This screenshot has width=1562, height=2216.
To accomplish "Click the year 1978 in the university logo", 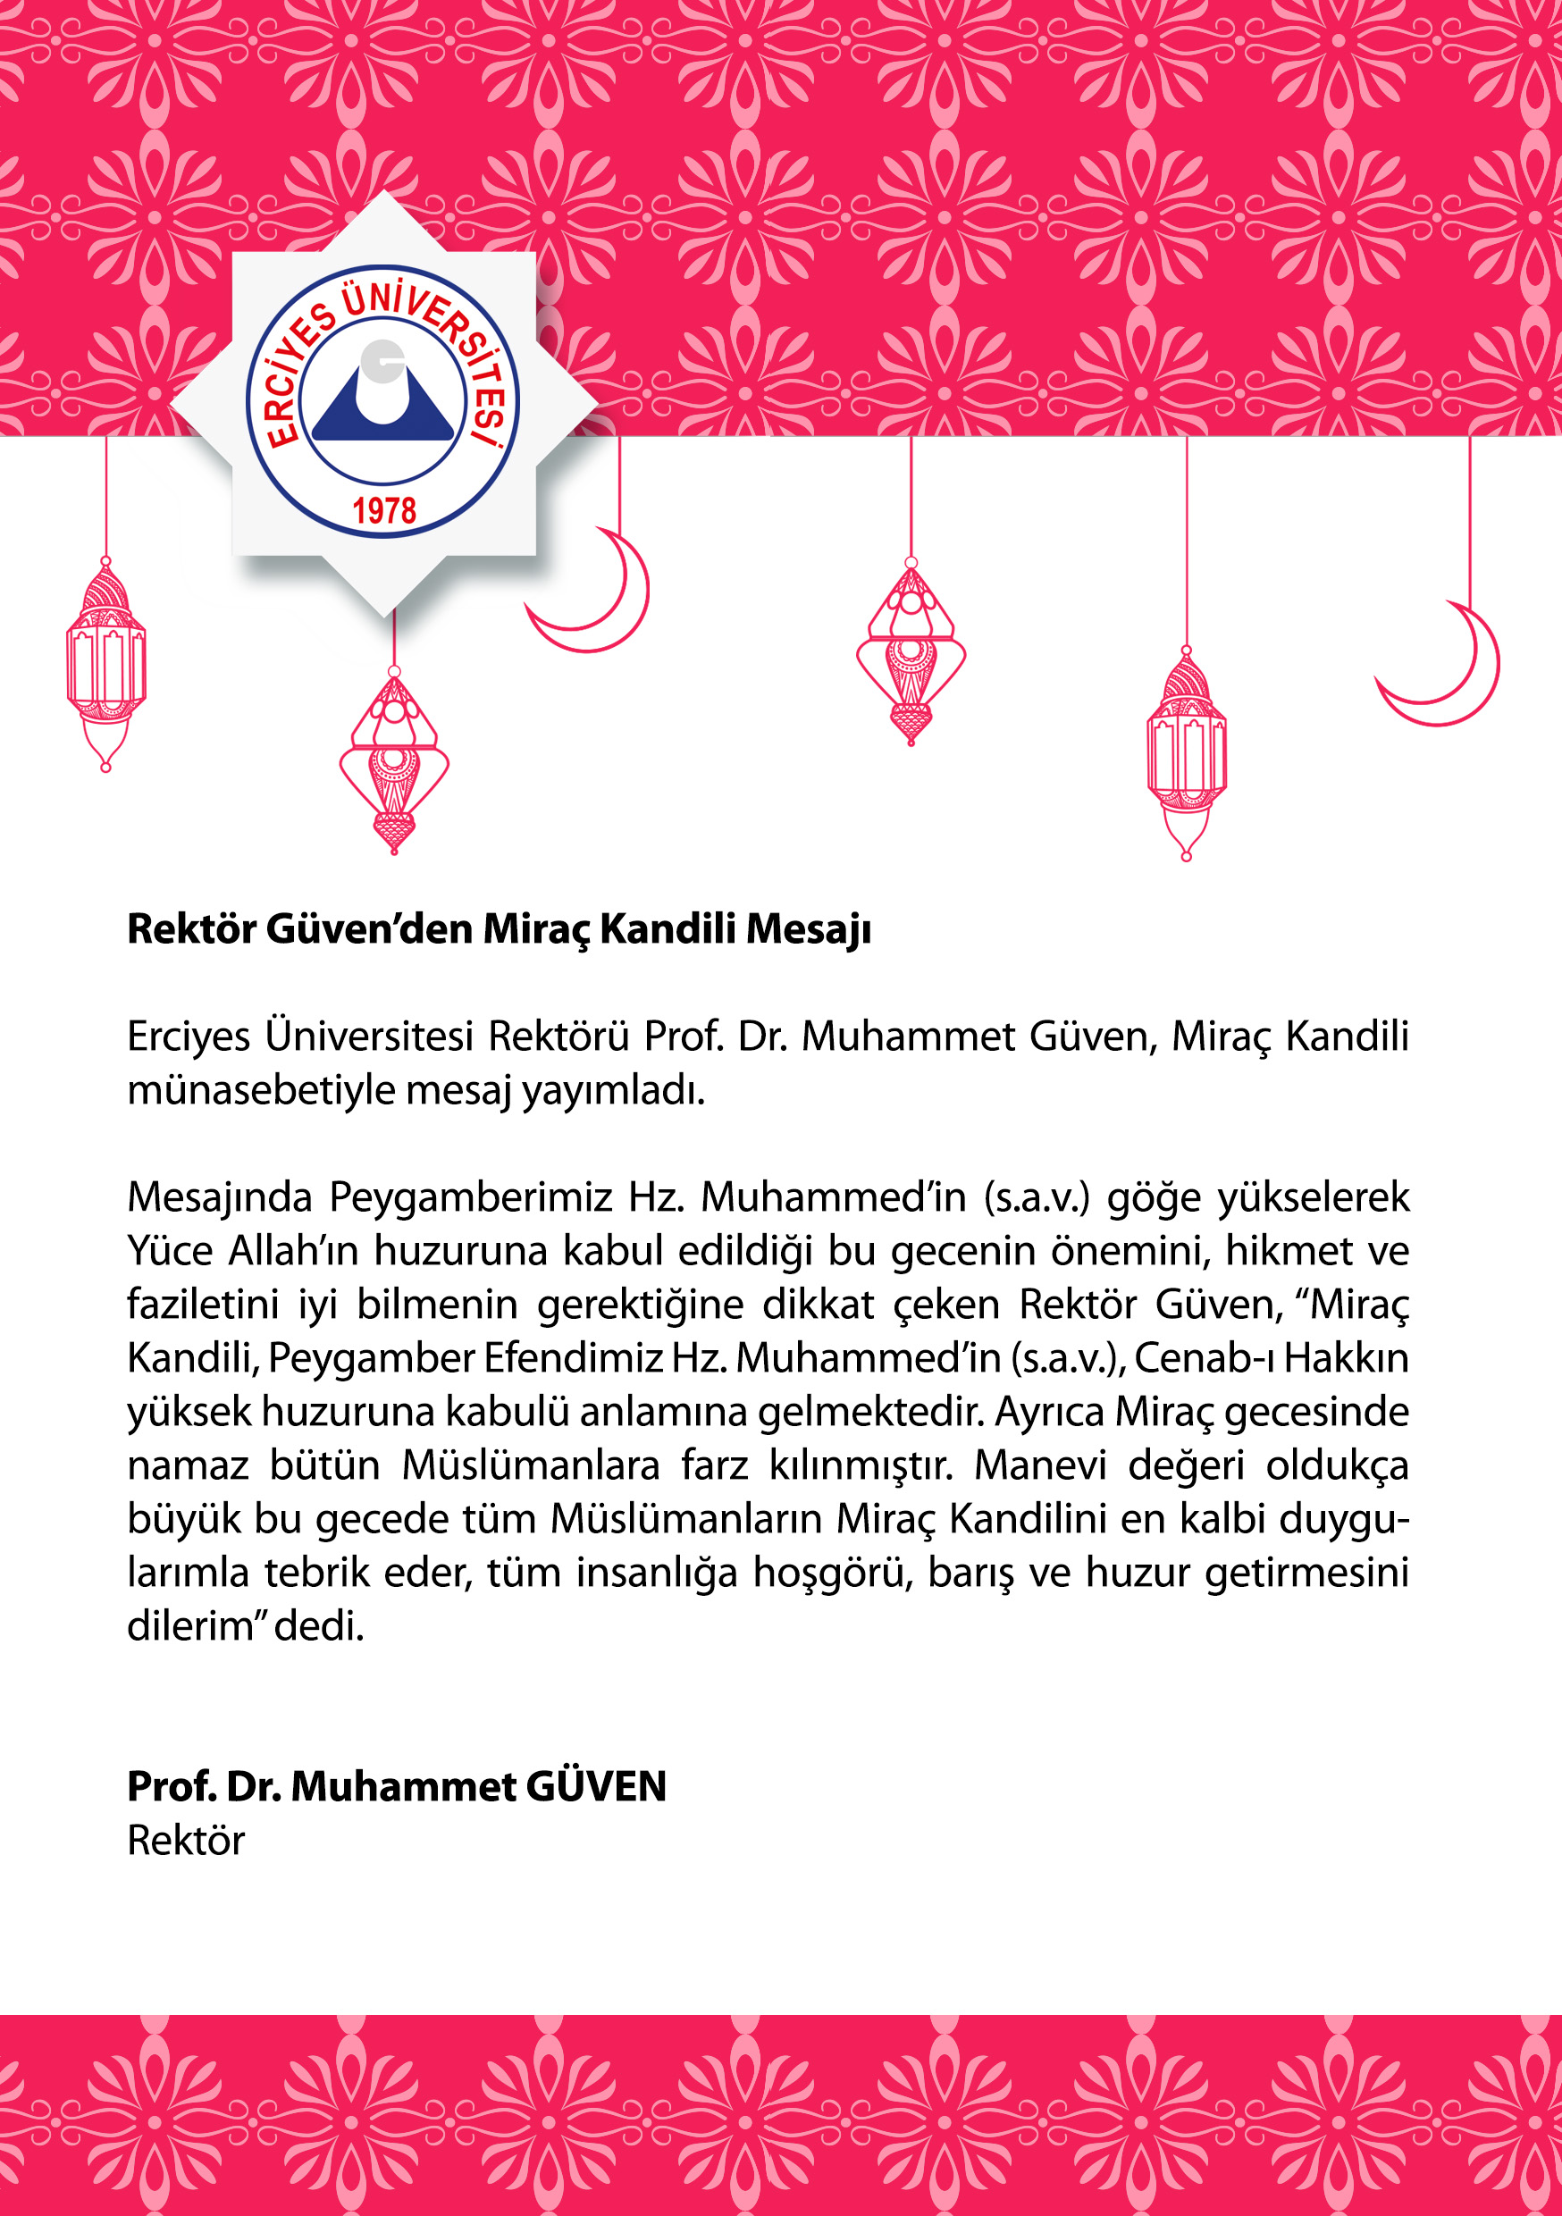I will [x=383, y=510].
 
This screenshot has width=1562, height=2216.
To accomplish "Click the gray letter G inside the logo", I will [x=382, y=361].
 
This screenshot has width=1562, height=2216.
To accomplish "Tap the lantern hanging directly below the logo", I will [x=394, y=762].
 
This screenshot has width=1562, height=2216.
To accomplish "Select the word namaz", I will [x=188, y=1465].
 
